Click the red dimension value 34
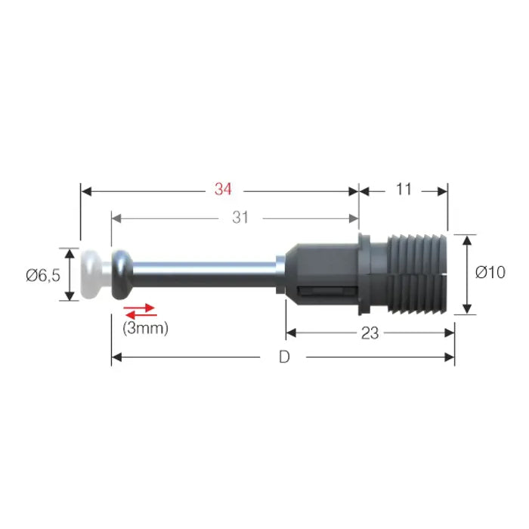coord(223,189)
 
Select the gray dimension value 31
coord(240,218)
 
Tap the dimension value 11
coord(404,189)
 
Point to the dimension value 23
coord(370,333)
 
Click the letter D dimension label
coord(284,357)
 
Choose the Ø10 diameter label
coord(490,272)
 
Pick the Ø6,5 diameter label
coord(43,276)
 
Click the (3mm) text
coord(145,328)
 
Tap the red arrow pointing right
coord(139,308)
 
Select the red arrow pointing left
coord(141,315)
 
